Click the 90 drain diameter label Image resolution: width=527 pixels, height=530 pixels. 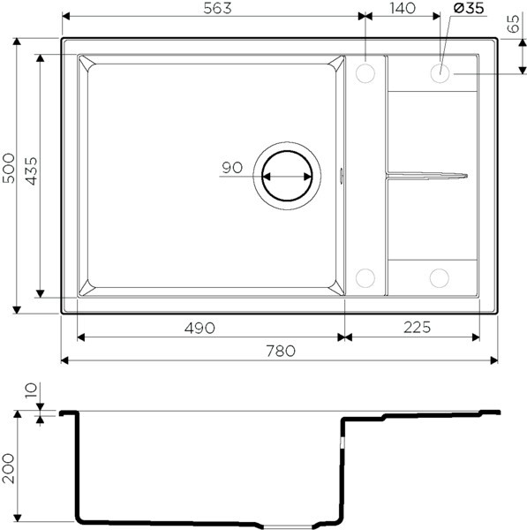(233, 166)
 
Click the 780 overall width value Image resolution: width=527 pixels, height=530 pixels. (280, 351)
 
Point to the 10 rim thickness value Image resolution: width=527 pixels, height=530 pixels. (31, 390)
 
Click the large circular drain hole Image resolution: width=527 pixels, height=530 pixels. (284, 174)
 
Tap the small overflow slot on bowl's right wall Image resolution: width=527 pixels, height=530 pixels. (343, 174)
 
